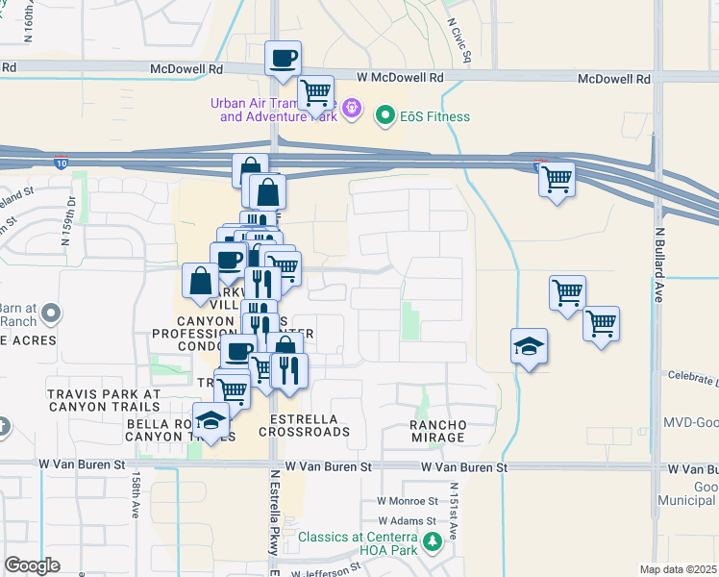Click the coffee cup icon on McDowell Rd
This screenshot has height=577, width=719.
pos(283,59)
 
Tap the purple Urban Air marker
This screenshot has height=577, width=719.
pos(353,111)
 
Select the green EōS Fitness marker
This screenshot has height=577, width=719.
pos(385,117)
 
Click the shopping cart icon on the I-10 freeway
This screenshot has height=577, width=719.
pos(557,179)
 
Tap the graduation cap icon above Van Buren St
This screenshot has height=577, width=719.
pos(211,419)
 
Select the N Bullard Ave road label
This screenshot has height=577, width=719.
pos(659,266)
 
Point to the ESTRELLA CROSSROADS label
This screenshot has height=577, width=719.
pos(310,426)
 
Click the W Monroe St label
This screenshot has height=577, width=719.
pos(407,501)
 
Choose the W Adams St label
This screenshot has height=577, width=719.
pos(408,520)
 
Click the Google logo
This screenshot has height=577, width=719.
pos(33,564)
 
